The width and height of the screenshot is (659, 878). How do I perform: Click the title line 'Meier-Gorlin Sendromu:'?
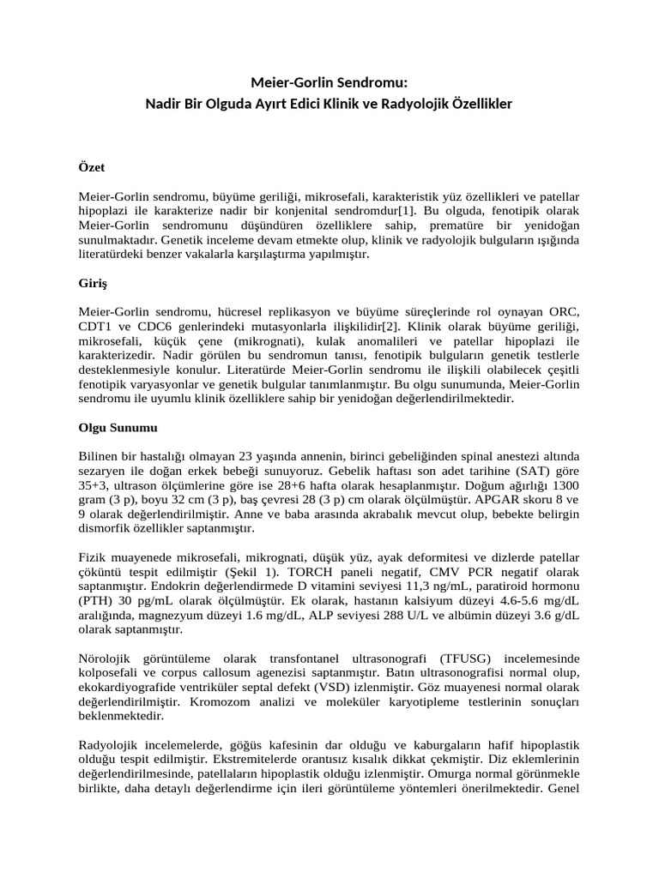[329, 83]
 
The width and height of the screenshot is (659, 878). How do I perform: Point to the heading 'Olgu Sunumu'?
[117, 426]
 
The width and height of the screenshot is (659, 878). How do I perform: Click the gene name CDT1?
[97, 328]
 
